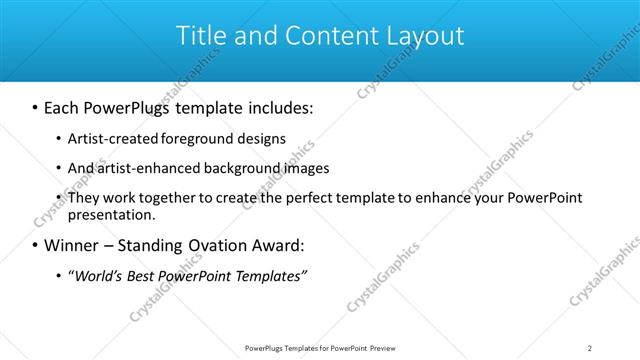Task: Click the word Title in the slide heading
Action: pos(200,36)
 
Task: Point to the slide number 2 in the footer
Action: pos(590,348)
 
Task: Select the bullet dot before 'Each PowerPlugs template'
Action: pos(36,106)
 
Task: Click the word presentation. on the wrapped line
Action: pos(111,214)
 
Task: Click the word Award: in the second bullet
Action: pos(281,245)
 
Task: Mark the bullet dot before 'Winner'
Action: pos(36,245)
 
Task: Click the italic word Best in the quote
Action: pos(142,275)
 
